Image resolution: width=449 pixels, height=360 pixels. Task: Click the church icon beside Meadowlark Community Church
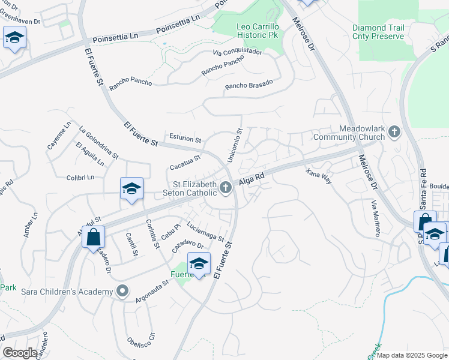pos(394,131)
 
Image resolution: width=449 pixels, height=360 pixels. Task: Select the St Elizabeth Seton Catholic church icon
pos(226,188)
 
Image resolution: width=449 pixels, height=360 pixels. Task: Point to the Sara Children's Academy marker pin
pos(122,292)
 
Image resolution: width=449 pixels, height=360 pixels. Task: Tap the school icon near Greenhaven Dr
pos(13,39)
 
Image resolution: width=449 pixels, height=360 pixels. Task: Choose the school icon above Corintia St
pos(131,188)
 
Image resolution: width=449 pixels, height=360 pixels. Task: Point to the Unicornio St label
pos(235,144)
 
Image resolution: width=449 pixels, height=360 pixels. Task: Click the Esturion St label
pos(185,139)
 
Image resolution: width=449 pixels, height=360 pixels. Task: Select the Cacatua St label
pos(184,161)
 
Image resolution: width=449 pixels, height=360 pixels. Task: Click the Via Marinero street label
pos(376,220)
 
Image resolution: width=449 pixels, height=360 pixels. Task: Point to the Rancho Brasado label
pos(249,85)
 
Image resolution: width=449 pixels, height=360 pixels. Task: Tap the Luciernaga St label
pos(205,231)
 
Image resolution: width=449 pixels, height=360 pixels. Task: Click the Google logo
pos(20,352)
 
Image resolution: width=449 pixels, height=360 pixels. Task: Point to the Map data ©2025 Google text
pos(412,355)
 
